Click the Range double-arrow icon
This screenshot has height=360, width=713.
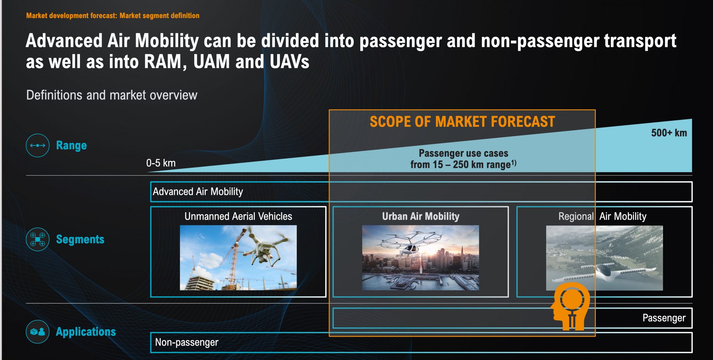point(38,145)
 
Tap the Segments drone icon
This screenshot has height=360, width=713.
point(38,239)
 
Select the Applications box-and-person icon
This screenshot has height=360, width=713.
point(38,332)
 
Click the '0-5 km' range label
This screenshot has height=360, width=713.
point(161,163)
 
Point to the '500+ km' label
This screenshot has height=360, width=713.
point(669,133)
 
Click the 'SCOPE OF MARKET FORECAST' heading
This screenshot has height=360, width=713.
point(462,122)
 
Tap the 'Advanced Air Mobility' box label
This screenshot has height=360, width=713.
point(198,192)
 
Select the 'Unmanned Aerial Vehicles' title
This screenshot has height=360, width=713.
point(238,216)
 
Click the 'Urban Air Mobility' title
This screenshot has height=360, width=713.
point(421,216)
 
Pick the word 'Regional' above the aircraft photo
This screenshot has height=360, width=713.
point(576,216)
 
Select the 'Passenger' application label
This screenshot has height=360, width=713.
point(664,318)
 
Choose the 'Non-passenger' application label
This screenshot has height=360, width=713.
point(187,342)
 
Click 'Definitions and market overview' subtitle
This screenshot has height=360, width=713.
point(112,95)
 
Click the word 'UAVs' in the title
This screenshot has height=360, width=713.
point(289,62)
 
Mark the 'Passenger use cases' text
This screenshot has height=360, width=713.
point(463,153)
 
